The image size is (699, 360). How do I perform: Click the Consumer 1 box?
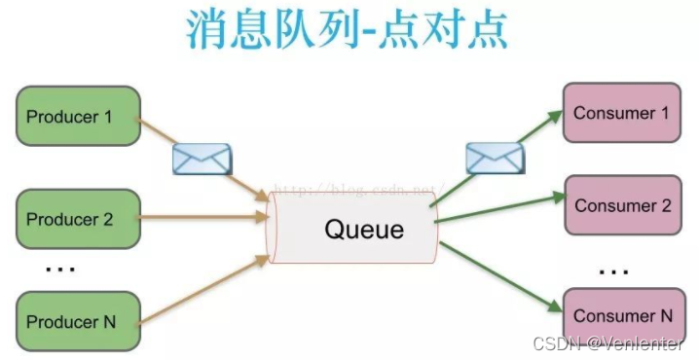pyautogui.click(x=620, y=113)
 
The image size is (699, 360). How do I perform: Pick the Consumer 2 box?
pyautogui.click(x=622, y=205)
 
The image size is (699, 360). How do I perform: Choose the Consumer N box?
pyautogui.click(x=622, y=315)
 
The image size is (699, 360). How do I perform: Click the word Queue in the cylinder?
pyautogui.click(x=363, y=230)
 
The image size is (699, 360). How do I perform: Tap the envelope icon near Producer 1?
pyautogui.click(x=202, y=158)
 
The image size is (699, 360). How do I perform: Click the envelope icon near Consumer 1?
pyautogui.click(x=495, y=158)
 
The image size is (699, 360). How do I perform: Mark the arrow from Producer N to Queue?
pyautogui.click(x=204, y=290)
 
